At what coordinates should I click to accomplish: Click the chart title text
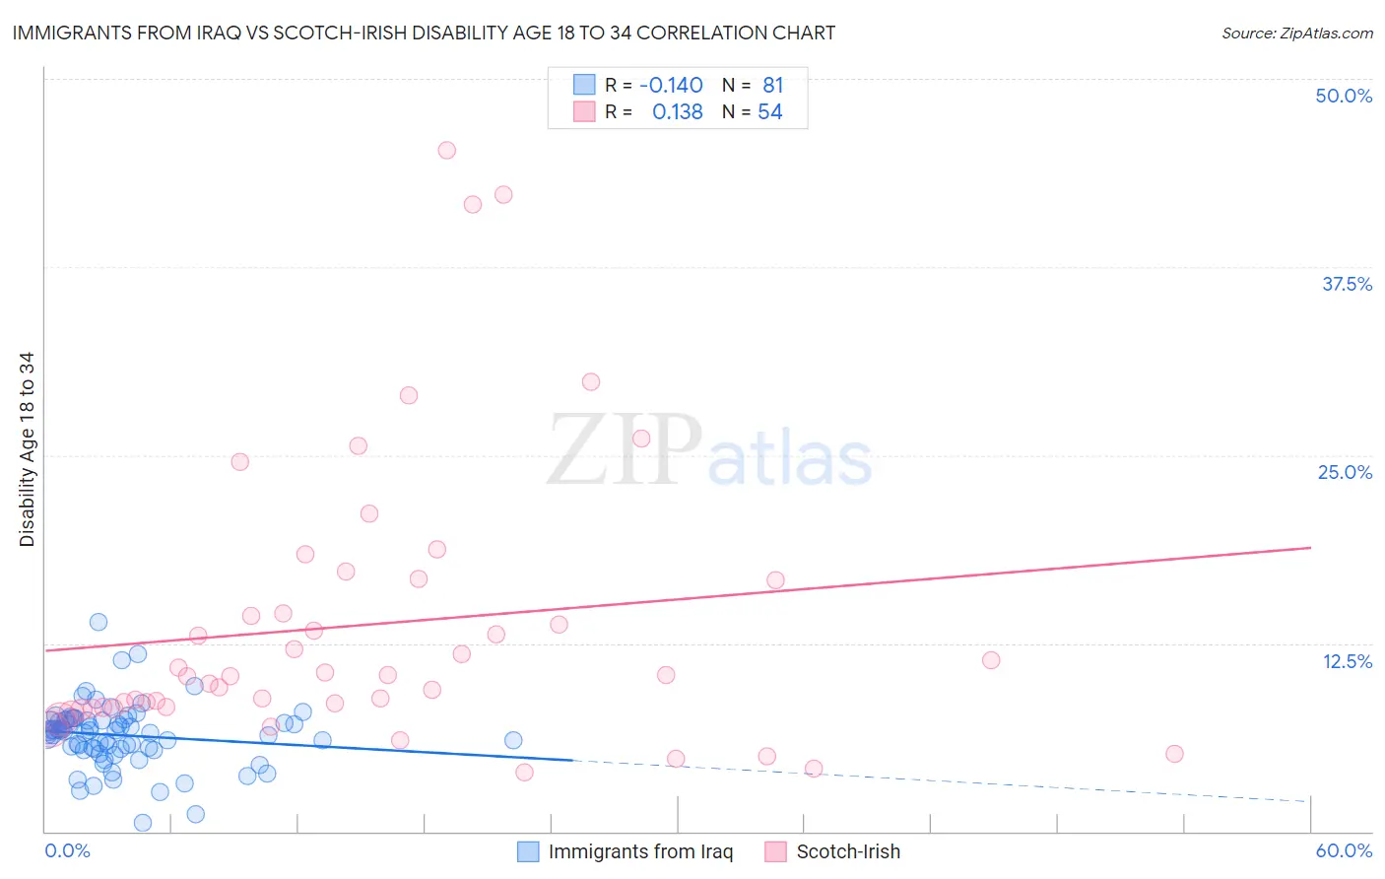point(424,33)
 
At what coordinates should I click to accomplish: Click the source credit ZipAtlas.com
point(1296,33)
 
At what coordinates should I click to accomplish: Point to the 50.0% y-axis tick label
point(1344,96)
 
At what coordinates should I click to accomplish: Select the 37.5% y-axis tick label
point(1347,284)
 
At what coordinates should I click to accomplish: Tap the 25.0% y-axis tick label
point(1345,472)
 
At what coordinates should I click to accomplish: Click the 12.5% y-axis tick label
point(1347,661)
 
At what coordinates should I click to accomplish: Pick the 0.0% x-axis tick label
point(67,850)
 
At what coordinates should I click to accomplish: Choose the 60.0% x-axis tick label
point(1344,850)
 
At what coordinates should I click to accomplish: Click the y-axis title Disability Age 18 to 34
point(27,449)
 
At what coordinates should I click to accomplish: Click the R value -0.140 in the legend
point(671,85)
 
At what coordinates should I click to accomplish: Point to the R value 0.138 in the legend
point(677,112)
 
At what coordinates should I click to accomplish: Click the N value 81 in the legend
point(772,85)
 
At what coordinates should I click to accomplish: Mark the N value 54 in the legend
point(769,112)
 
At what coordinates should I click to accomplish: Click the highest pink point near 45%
point(446,151)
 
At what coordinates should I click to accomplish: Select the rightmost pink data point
point(1174,754)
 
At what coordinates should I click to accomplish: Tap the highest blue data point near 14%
point(99,622)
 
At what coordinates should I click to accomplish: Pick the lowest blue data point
point(143,823)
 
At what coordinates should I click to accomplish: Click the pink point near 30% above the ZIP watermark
point(591,381)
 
